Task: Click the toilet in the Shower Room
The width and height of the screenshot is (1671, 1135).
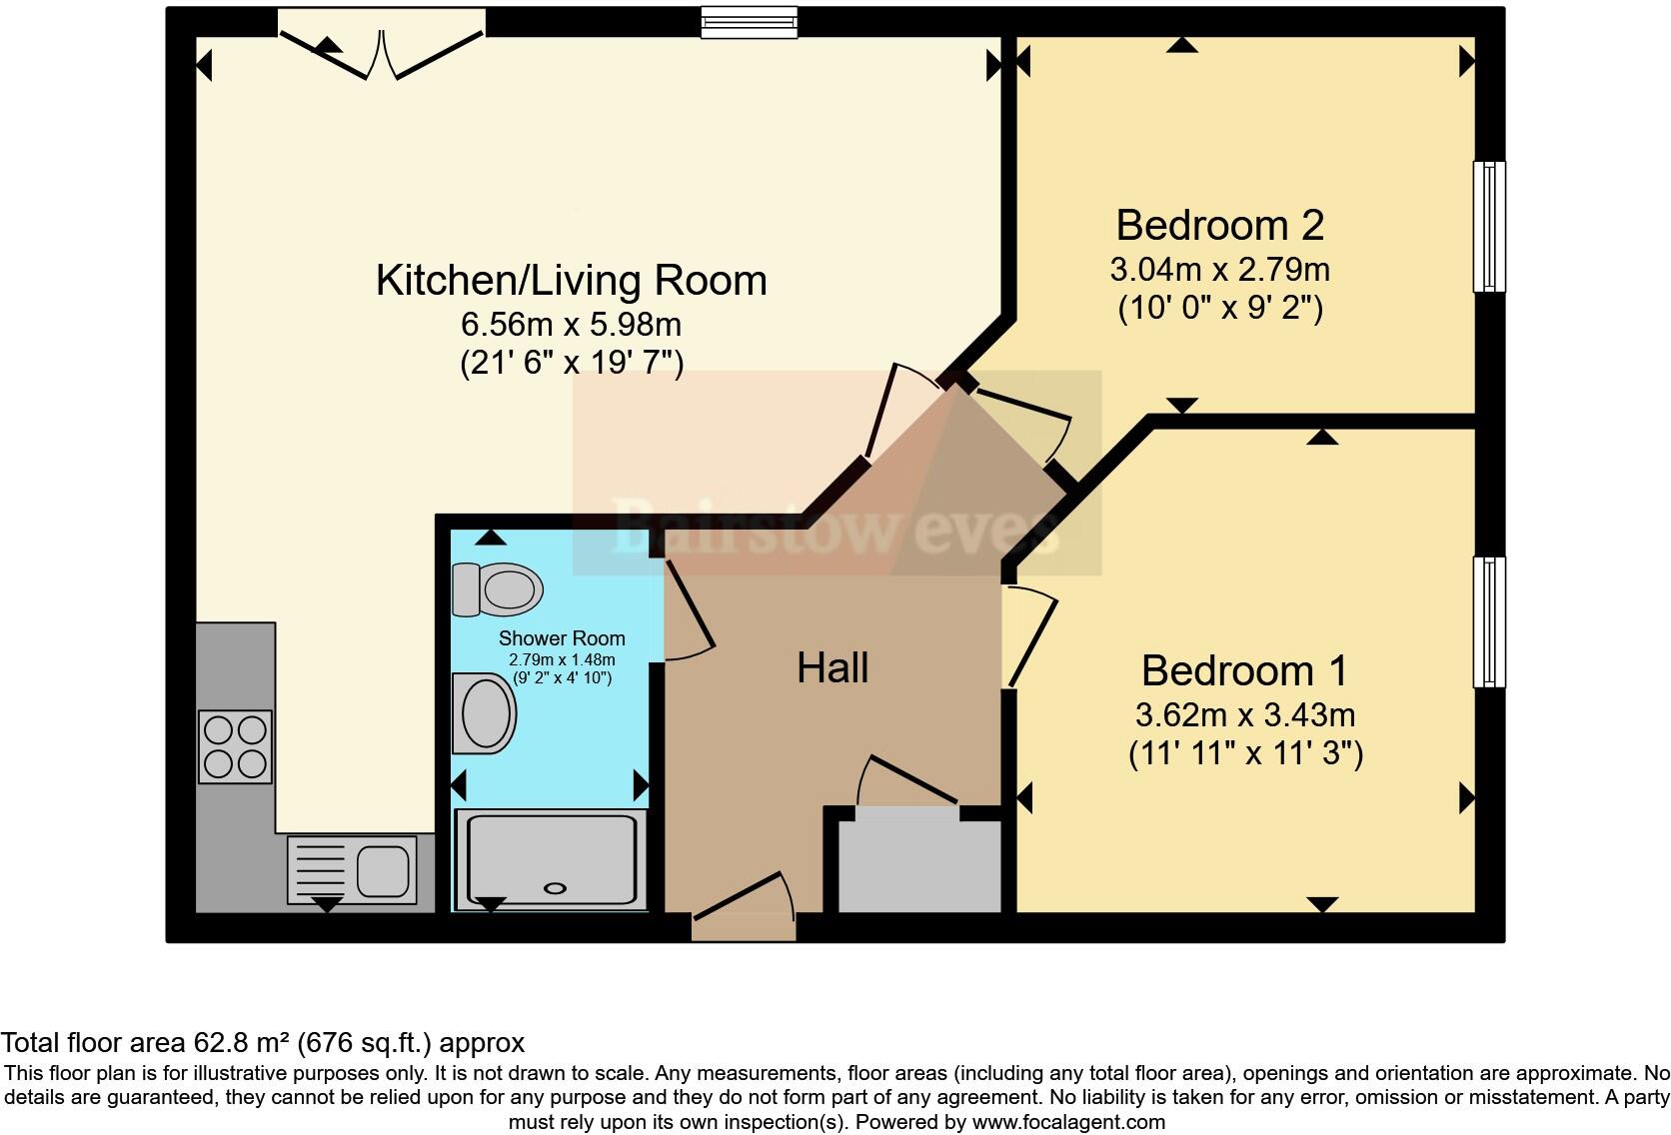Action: click(x=499, y=589)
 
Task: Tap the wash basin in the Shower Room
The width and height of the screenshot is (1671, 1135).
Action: click(x=485, y=713)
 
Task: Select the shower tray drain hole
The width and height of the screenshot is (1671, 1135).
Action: click(x=554, y=887)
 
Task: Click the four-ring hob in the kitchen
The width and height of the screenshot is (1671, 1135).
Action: click(x=235, y=746)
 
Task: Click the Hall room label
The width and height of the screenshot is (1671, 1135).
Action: click(x=833, y=667)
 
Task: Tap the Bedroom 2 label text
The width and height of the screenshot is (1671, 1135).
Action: click(x=1219, y=225)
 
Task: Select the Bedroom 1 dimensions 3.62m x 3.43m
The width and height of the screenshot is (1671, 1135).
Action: click(x=1245, y=714)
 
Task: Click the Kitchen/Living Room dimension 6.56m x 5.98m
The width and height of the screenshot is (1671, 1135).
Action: click(x=571, y=324)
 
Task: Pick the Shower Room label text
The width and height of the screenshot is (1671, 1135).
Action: click(x=562, y=637)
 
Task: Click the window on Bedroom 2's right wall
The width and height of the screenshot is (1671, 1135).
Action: click(x=1489, y=226)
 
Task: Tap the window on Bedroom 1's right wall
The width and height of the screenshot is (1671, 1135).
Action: click(x=1489, y=621)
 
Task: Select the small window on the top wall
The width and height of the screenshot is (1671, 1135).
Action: click(x=750, y=22)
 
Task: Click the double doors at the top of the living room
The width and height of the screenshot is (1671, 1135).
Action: click(x=381, y=45)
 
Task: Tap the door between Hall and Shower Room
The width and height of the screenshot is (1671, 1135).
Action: click(x=689, y=609)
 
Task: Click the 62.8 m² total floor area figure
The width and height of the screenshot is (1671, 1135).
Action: click(x=241, y=1043)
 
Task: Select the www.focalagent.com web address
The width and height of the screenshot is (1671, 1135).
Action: click(x=1068, y=1122)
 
